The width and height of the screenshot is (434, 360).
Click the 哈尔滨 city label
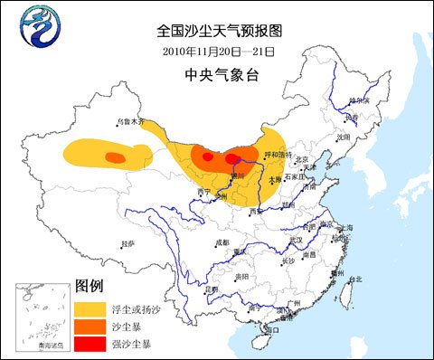(359, 101)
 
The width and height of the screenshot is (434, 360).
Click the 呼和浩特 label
(274, 156)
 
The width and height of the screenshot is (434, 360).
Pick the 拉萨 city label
(127, 243)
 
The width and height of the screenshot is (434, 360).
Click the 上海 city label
(354, 229)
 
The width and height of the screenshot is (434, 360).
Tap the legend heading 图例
(88, 286)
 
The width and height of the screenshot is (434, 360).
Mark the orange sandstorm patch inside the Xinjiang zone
(114, 158)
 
